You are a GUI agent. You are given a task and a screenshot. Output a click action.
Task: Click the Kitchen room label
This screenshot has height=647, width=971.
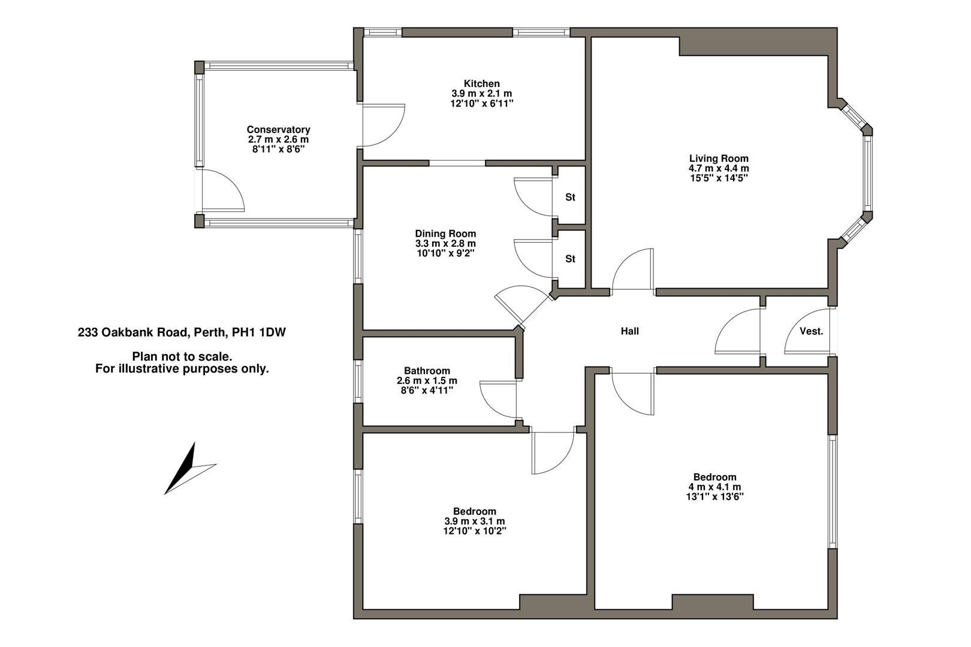pos(481,84)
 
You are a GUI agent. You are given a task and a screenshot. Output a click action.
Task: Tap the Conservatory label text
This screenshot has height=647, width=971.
pos(278,130)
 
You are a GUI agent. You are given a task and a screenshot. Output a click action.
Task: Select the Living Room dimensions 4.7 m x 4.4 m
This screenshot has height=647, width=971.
pos(719,168)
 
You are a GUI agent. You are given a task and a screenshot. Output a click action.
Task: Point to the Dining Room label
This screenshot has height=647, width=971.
pos(445,234)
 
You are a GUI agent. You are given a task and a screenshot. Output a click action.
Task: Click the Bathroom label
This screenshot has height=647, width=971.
pos(427,371)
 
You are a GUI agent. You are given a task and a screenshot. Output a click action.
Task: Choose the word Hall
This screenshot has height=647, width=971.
pos(629,331)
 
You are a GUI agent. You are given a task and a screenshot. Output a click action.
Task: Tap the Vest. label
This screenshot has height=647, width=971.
pos(811,331)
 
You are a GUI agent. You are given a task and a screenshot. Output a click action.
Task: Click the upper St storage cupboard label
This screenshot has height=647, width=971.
pos(570,197)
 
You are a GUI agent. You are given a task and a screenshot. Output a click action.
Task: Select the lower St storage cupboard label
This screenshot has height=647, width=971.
pos(570,259)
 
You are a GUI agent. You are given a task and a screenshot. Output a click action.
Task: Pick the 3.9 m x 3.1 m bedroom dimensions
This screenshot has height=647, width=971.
pos(474,521)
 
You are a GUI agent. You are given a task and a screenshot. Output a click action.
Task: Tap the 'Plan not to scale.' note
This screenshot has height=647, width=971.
pos(182,357)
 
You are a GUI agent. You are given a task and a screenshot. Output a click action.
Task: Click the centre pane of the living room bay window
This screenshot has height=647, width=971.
pos(867,174)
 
